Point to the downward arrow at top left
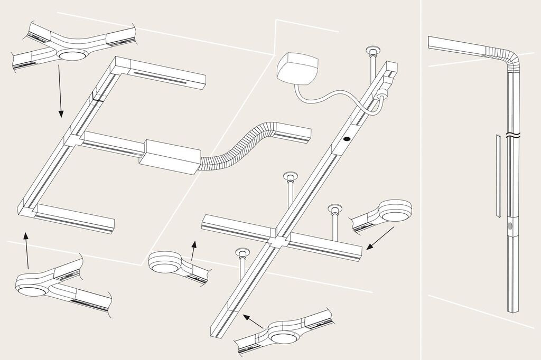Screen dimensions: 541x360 pyautogui.click(x=60, y=90)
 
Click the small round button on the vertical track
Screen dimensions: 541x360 pyautogui.click(x=510, y=225)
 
